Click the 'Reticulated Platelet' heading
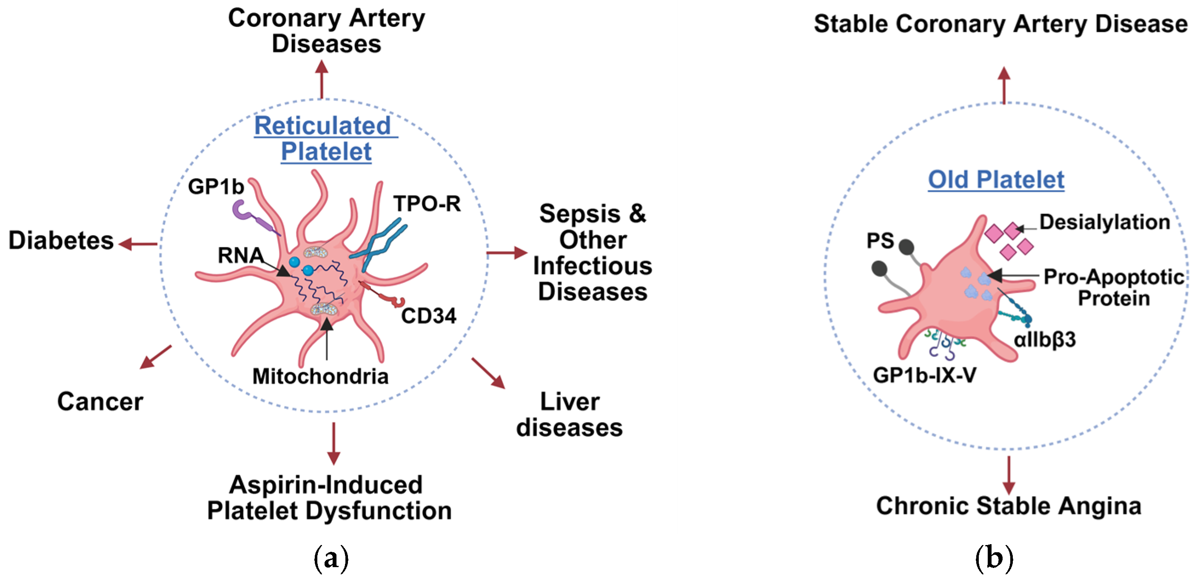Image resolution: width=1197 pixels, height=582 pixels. coord(326,139)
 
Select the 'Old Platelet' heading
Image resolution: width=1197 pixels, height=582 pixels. coord(996,180)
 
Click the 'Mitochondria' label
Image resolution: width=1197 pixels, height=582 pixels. coord(320,376)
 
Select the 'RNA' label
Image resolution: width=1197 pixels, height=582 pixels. coord(240,255)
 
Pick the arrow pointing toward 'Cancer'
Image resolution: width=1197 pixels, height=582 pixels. coord(155,357)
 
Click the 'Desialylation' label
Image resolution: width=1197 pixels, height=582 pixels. coord(1105,222)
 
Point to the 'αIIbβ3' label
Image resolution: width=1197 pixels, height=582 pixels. coord(1045,340)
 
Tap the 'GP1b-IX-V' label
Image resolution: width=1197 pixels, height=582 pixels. coord(925,375)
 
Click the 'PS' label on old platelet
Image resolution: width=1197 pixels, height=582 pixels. coord(880,241)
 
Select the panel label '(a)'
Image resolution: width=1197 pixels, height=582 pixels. coord(331,558)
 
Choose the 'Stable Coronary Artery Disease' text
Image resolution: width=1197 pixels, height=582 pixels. coord(1000,24)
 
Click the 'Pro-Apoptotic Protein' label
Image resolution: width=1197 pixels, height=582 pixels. coord(1114,287)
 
